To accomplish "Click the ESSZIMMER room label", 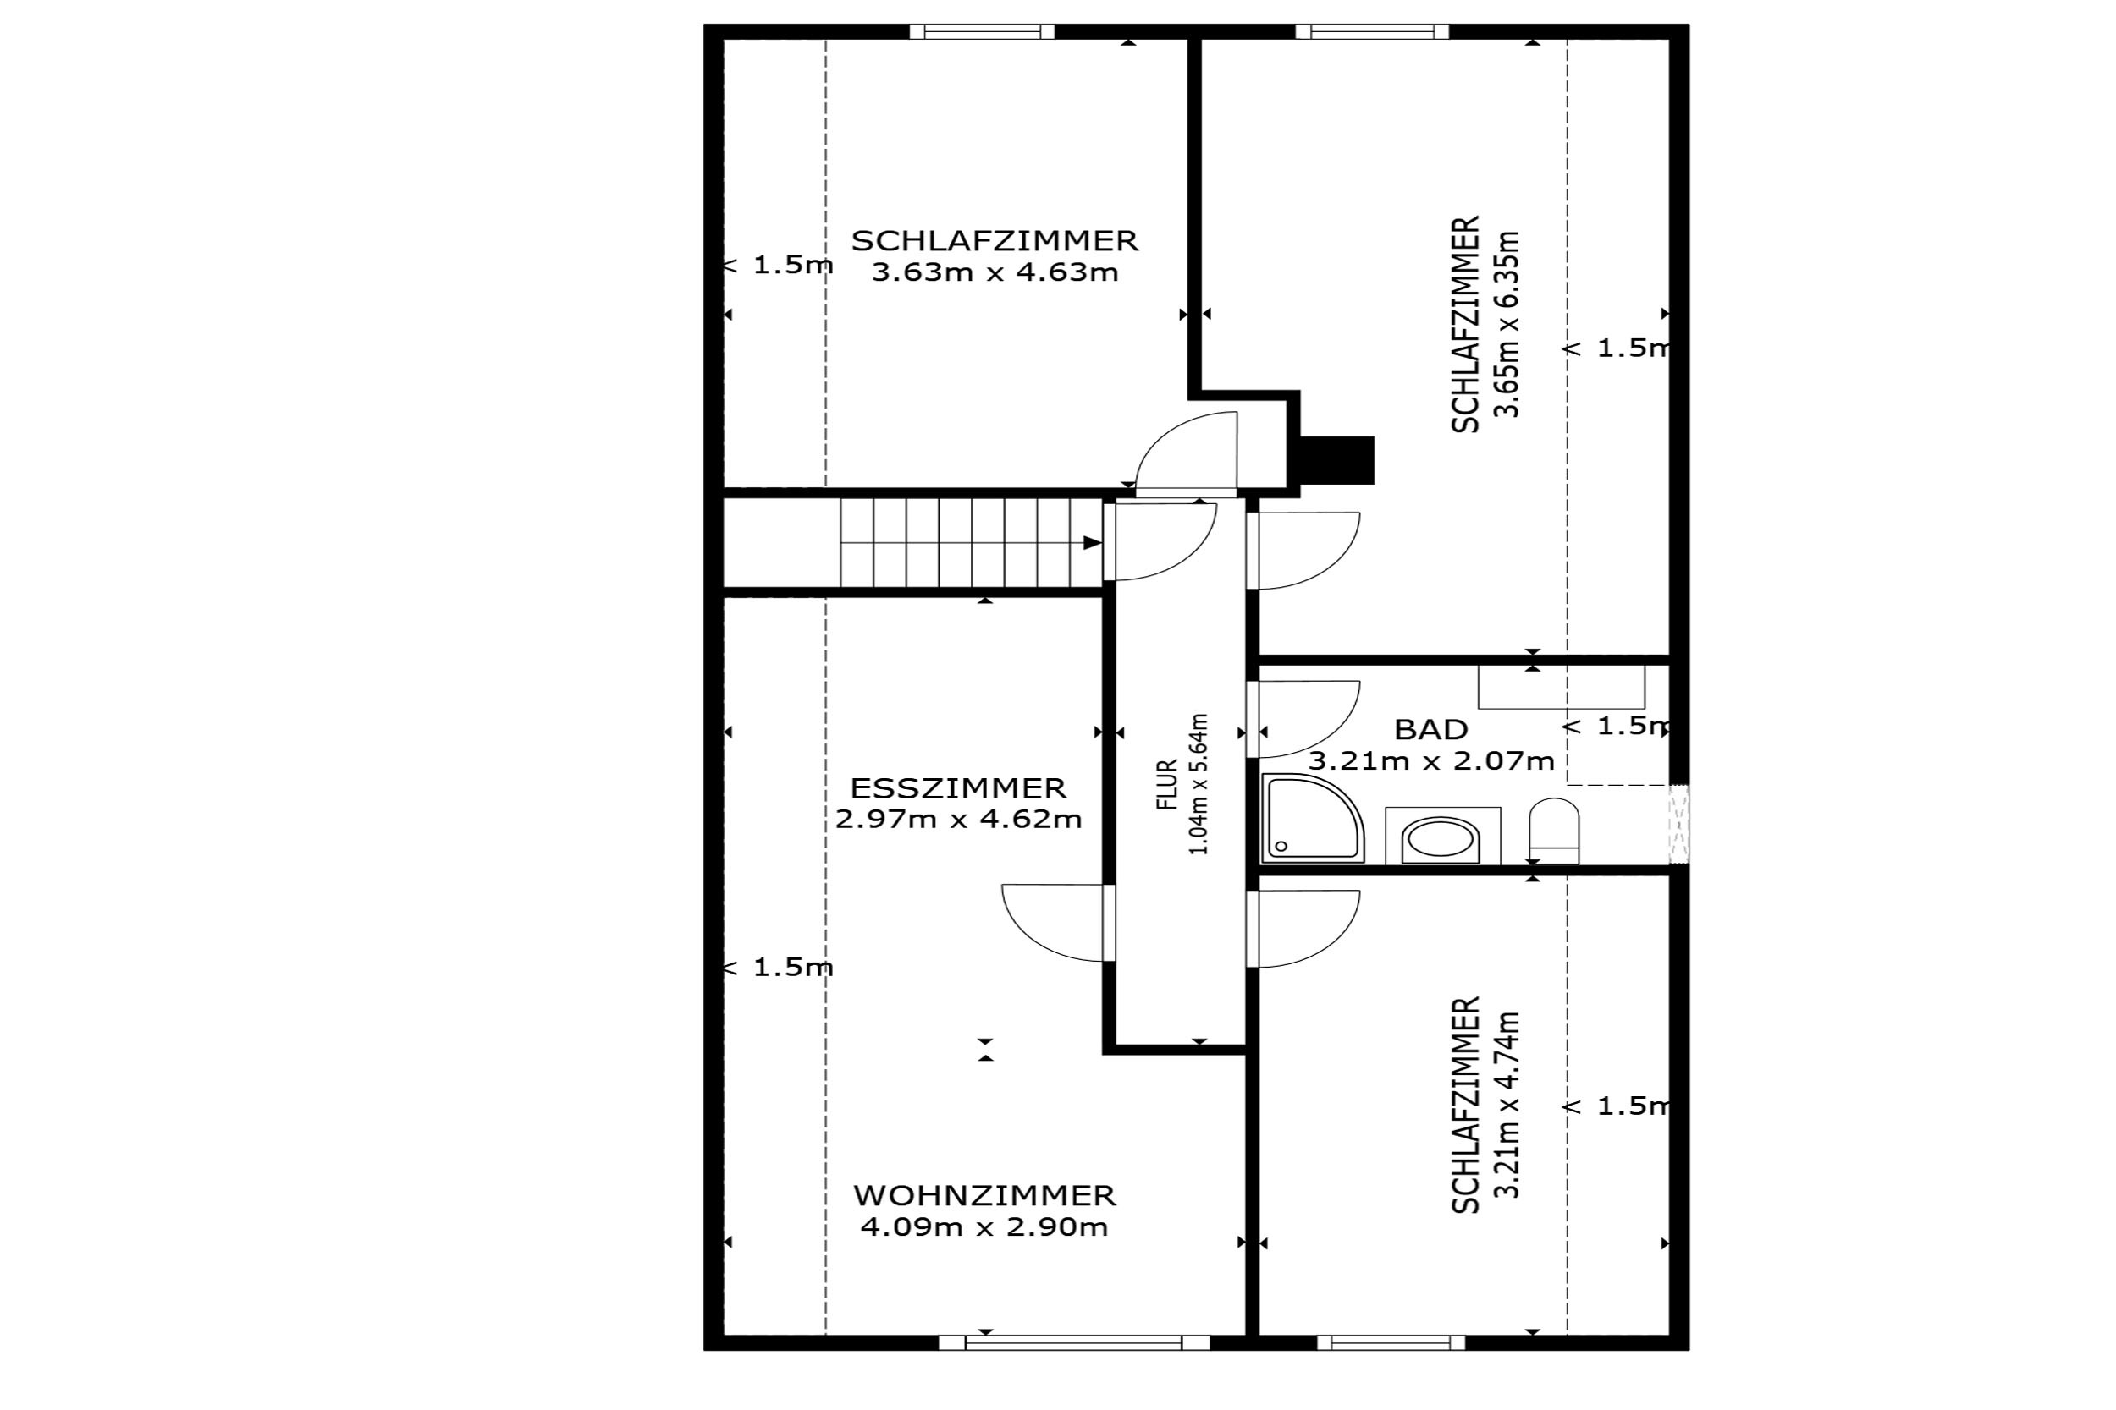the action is pyautogui.click(x=958, y=788).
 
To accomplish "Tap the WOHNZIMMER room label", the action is pyautogui.click(x=984, y=1196).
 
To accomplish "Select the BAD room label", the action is pyautogui.click(x=1431, y=729).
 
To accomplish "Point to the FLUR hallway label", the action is pyautogui.click(x=1168, y=785).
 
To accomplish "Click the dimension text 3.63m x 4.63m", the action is pyautogui.click(x=995, y=272).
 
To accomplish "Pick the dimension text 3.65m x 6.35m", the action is pyautogui.click(x=1506, y=325).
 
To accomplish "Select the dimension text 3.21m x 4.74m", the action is pyautogui.click(x=1506, y=1106).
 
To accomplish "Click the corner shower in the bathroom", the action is pyautogui.click(x=1314, y=818).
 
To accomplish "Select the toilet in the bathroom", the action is pyautogui.click(x=1554, y=831).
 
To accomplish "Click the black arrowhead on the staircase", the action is pyautogui.click(x=1092, y=543).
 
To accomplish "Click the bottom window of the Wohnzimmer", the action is pyautogui.click(x=1073, y=1343).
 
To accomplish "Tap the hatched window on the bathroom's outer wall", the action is pyautogui.click(x=1678, y=826).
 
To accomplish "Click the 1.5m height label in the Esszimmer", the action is pyautogui.click(x=779, y=968).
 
